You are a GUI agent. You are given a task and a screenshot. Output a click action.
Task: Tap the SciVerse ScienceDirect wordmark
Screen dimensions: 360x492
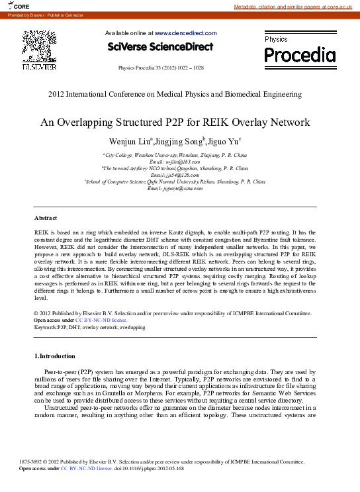(160, 47)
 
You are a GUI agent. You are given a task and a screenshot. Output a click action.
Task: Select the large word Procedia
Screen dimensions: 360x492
(300, 54)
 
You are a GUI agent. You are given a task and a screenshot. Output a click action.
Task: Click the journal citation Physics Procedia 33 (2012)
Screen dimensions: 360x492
(160, 68)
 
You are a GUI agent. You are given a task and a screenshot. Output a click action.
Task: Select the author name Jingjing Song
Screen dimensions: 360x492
(177, 142)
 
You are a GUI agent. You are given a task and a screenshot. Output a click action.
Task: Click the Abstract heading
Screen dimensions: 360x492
(46, 218)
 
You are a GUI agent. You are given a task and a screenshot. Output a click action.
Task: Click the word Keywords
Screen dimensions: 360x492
(44, 327)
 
